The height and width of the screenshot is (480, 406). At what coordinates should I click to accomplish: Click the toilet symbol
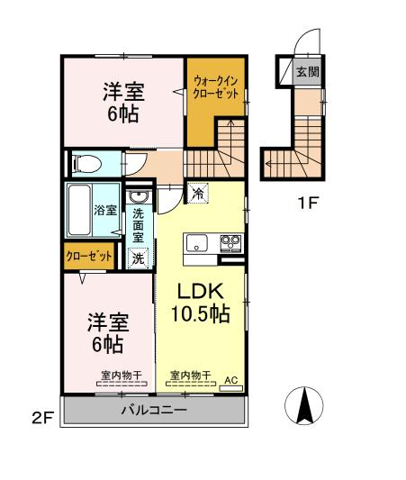tap(86, 164)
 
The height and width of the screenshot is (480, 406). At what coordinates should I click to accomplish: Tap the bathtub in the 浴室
tap(79, 211)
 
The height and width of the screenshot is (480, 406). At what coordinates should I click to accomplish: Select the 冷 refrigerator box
tap(199, 193)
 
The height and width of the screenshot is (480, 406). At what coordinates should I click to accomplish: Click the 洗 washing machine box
tap(138, 258)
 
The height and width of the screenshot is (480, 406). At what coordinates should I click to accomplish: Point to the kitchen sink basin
tap(197, 242)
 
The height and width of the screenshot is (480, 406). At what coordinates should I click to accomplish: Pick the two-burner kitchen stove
tap(230, 244)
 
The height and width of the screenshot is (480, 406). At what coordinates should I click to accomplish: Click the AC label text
tap(231, 380)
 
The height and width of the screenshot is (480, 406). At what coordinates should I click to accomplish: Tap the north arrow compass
tap(303, 405)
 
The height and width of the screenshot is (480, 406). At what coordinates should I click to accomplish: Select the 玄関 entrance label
tap(308, 72)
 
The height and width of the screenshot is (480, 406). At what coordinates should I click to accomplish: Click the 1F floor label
tap(309, 203)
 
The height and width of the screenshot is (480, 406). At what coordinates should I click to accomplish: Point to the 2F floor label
tap(43, 418)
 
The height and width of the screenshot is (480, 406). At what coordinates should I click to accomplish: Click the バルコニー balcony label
tap(154, 410)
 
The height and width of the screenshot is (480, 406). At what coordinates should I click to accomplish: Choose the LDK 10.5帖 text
tap(201, 303)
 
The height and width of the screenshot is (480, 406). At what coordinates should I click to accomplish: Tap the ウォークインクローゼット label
tap(216, 87)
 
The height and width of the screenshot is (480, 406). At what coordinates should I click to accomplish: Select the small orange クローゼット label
tap(89, 256)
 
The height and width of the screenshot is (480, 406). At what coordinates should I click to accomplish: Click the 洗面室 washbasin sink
tap(139, 196)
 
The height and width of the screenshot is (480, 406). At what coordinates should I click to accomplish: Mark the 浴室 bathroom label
tap(105, 210)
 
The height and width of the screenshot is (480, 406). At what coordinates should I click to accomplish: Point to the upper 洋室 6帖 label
tap(123, 103)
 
